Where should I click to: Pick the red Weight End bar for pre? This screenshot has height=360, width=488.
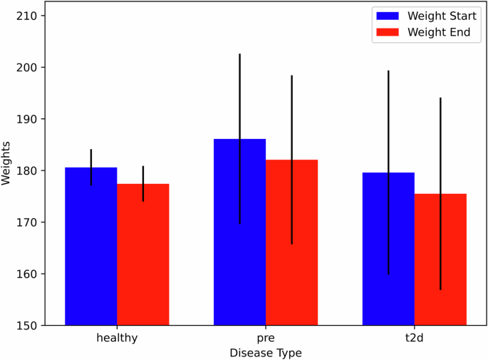coord(291,242)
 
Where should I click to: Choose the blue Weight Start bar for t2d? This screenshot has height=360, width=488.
coord(388,249)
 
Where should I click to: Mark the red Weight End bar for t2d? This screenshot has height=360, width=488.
coord(440,259)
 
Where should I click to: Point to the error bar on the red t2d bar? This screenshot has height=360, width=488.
coord(440,143)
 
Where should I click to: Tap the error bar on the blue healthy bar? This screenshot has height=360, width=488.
coord(91,158)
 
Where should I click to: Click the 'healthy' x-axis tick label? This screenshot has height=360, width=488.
coord(117,338)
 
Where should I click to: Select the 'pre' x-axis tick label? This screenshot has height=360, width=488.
coord(266,338)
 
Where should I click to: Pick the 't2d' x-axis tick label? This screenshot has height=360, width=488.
coord(414,338)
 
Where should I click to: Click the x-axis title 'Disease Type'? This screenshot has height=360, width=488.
coord(266,352)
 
